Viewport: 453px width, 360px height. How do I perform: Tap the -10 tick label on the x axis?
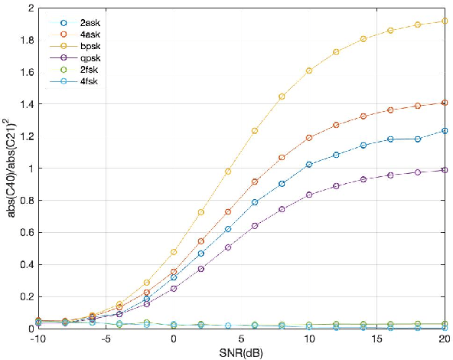pyautogui.click(x=38, y=339)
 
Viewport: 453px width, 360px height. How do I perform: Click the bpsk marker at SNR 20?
pyautogui.click(x=444, y=21)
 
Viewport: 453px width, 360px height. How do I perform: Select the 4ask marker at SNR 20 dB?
pyautogui.click(x=444, y=103)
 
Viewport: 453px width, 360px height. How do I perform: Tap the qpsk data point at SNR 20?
pyautogui.click(x=444, y=170)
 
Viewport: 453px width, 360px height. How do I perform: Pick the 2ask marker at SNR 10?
pyautogui.click(x=309, y=165)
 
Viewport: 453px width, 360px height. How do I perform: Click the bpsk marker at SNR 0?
pyautogui.click(x=174, y=252)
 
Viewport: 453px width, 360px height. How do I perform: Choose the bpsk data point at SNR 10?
pyautogui.click(x=309, y=70)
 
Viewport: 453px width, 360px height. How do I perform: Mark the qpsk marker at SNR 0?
pyautogui.click(x=174, y=289)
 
